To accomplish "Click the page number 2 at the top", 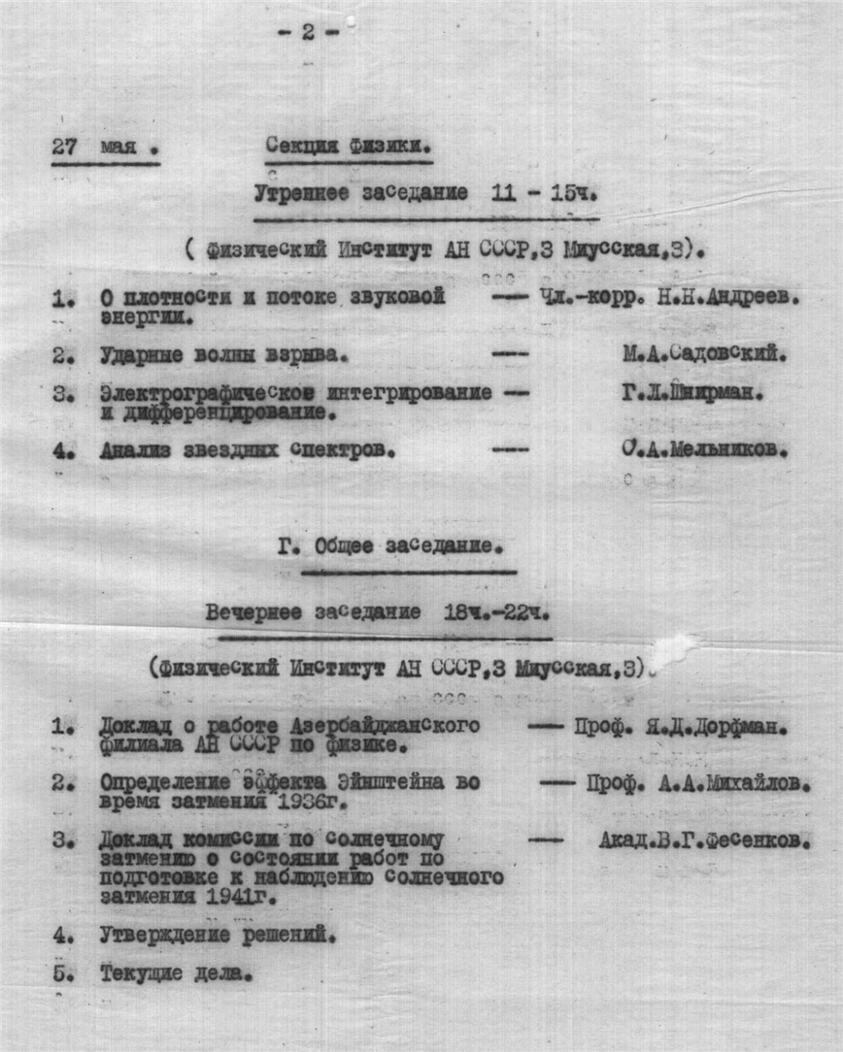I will pos(308,32).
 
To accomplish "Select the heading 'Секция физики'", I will pos(349,147).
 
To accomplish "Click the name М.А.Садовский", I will pos(704,355).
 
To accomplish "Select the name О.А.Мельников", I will pos(704,449).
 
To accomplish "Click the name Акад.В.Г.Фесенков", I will pos(704,840).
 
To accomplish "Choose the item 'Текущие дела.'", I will pos(176,974).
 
